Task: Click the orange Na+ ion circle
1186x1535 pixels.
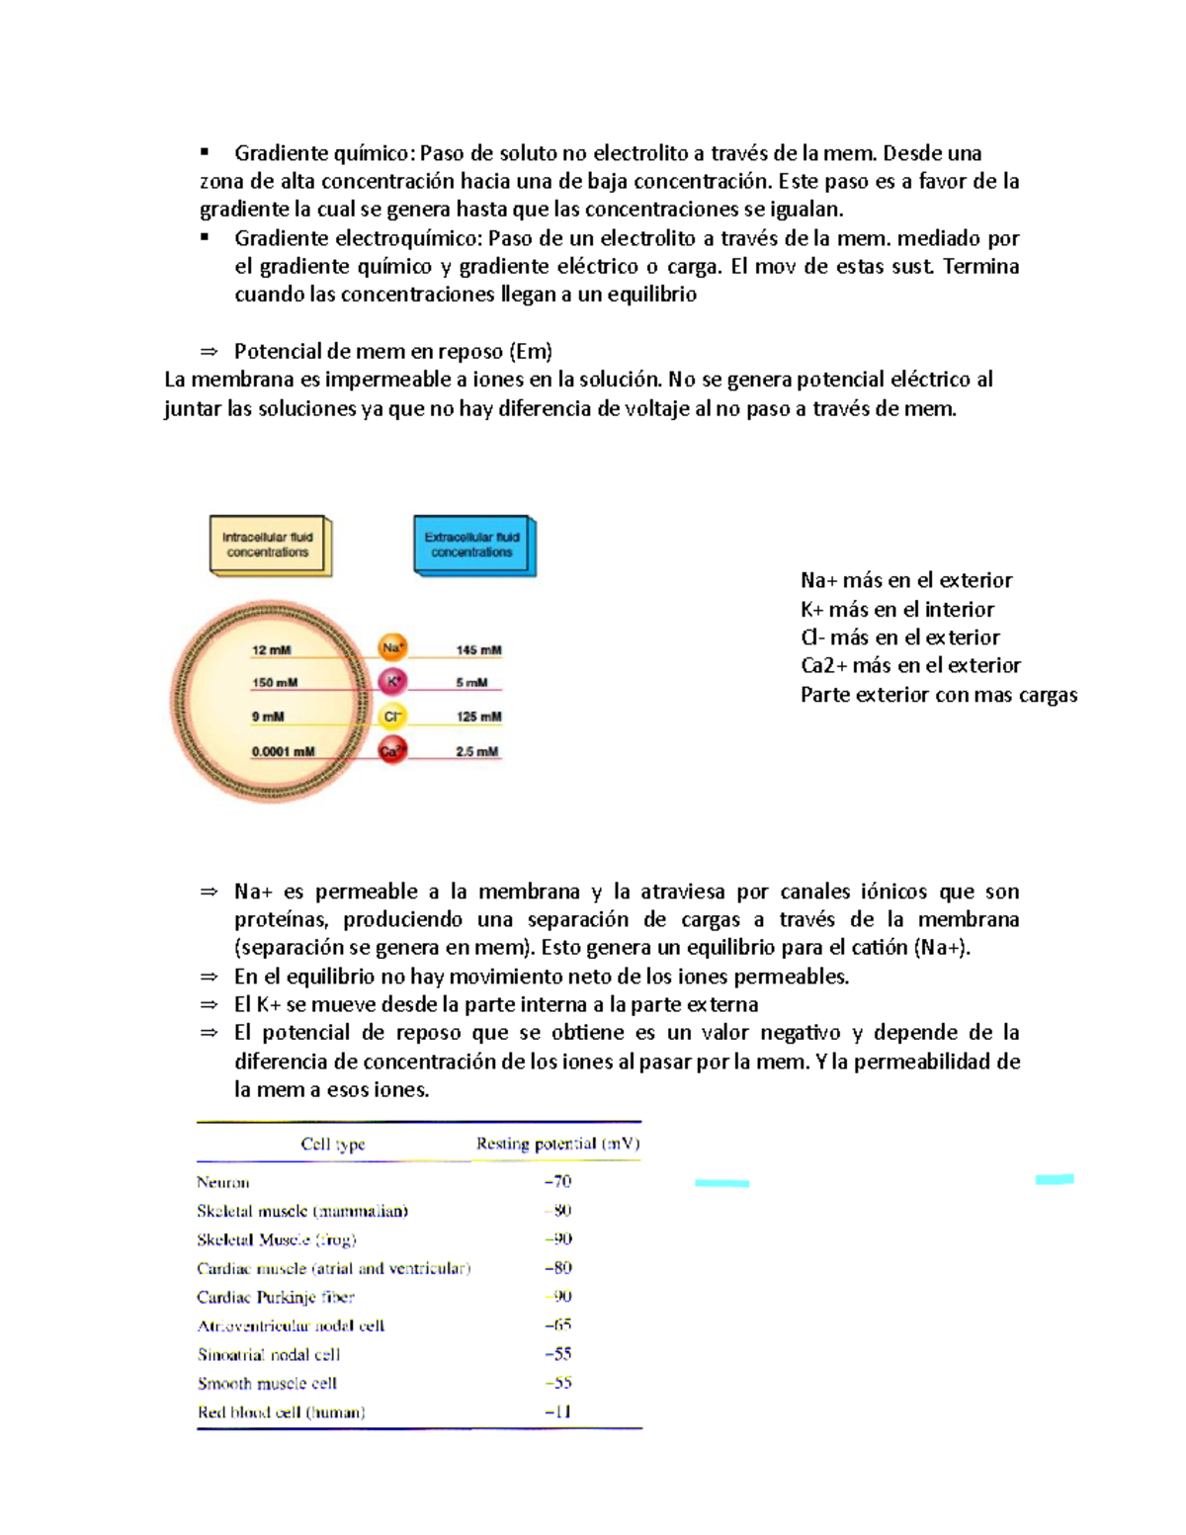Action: [392, 648]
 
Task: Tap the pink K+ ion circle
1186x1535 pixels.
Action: [392, 681]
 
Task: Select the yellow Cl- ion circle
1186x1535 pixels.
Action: [392, 716]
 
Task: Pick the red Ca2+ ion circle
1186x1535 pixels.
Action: [392, 750]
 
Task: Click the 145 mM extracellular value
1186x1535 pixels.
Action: [478, 650]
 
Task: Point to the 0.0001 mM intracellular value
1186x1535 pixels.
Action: [283, 751]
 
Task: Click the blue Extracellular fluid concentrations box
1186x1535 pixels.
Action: [472, 545]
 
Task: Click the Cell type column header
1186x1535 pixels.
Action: [333, 1144]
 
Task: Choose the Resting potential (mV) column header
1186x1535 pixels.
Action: [557, 1144]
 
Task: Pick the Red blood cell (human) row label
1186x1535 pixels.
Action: [282, 1412]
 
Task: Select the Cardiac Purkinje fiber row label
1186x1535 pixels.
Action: [276, 1297]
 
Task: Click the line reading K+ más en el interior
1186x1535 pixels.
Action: [897, 609]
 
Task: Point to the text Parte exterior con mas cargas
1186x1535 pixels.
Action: [938, 695]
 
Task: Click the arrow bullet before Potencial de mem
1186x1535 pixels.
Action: [209, 352]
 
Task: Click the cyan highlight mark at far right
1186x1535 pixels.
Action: [1055, 1178]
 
